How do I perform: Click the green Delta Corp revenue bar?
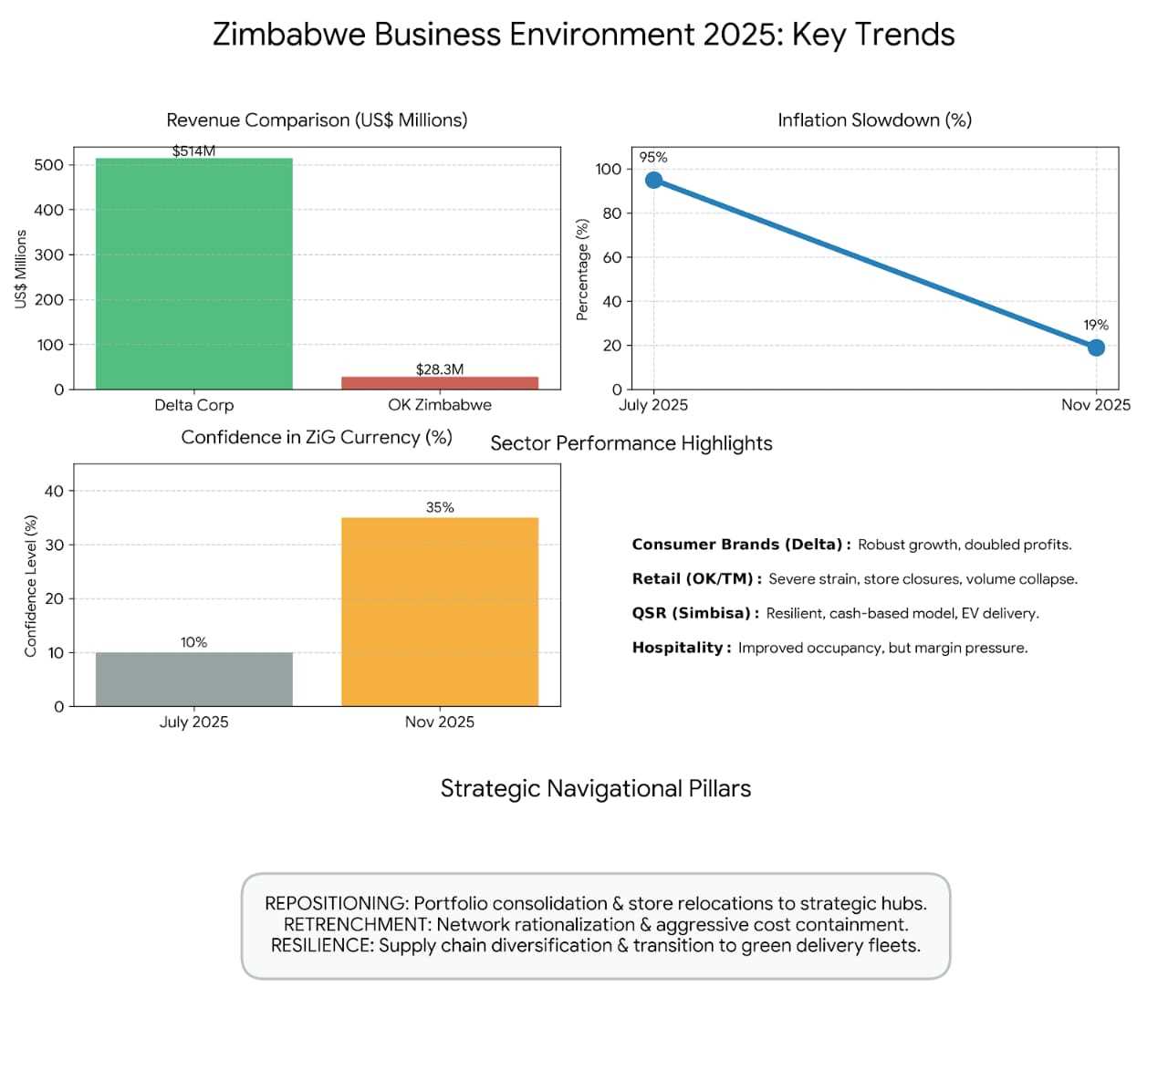193,274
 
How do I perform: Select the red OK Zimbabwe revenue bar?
440,383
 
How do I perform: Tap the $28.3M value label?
440,369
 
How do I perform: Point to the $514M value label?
193,151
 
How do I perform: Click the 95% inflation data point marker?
653,180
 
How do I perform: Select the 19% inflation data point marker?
1096,348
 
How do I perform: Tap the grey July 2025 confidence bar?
193,679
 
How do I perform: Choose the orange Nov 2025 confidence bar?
440,611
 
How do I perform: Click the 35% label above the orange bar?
440,507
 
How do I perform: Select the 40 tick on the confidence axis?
54,491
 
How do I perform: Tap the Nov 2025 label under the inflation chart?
1095,405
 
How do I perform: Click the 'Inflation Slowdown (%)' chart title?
874,120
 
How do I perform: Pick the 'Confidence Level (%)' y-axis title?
31,586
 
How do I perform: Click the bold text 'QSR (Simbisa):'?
695,613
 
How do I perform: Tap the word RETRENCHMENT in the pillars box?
356,924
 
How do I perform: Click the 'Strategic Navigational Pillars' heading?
596,789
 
